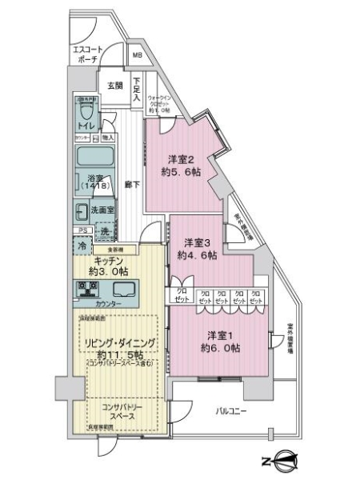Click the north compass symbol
point(283,460)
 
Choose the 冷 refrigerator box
point(82,246)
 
